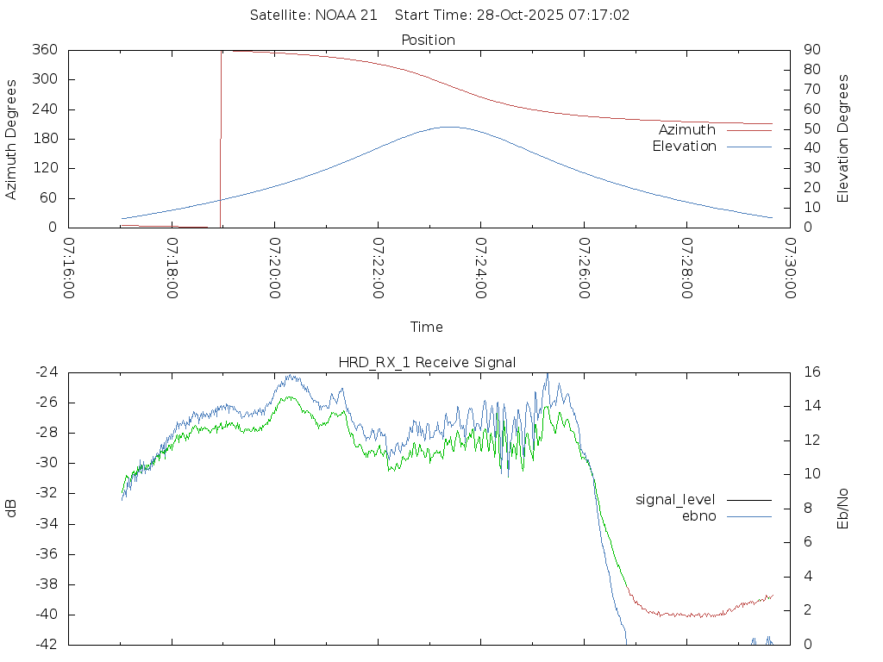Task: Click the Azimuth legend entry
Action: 687,130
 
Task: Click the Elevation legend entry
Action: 684,147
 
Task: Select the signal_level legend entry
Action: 675,500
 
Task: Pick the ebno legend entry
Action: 698,516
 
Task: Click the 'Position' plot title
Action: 429,41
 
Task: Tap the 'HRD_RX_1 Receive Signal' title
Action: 427,363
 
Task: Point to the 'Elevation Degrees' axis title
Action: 843,139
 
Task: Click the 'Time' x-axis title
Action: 427,328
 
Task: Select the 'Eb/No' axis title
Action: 843,509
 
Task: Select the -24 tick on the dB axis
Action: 46,372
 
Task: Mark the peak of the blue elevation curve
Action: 450,127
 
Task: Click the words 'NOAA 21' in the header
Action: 349,16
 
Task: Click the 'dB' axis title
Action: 12,509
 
